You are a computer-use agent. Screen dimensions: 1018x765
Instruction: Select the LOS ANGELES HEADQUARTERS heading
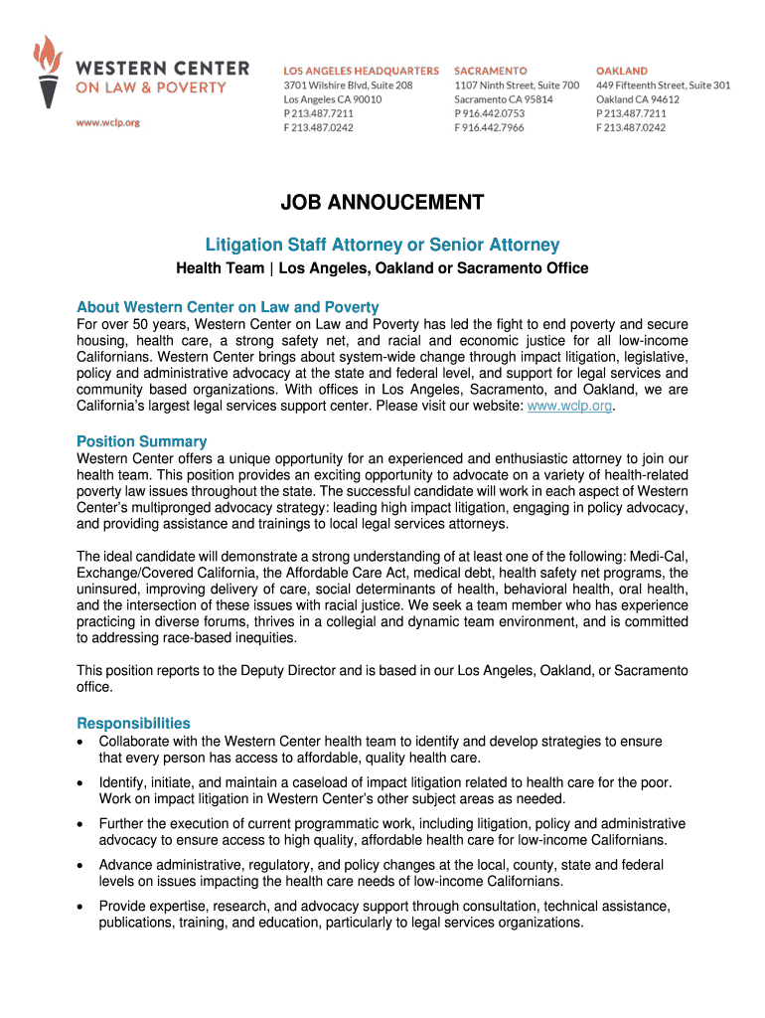tap(361, 72)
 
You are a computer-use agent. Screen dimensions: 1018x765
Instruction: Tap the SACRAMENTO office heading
tap(490, 72)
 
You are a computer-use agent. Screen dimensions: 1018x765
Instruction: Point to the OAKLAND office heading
tap(622, 72)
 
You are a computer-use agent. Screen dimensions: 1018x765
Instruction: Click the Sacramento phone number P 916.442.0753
tap(490, 113)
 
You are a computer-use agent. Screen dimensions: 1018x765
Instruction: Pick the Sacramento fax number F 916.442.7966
tap(490, 127)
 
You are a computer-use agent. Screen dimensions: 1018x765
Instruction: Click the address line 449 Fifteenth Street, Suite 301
tap(663, 85)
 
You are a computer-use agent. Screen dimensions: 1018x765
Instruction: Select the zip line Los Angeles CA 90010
tap(333, 99)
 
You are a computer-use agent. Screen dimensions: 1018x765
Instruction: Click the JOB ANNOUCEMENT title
tap(382, 204)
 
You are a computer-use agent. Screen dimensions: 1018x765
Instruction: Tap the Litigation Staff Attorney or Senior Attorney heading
tap(382, 245)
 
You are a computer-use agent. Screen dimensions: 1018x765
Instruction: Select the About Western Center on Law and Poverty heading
tap(228, 306)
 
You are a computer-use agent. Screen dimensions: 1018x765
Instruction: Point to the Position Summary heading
tap(142, 441)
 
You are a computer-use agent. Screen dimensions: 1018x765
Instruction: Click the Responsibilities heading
tap(133, 723)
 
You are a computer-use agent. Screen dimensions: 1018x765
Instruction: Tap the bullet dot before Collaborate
tap(81, 743)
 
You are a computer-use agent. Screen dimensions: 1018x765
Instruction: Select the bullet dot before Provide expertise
tap(81, 906)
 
